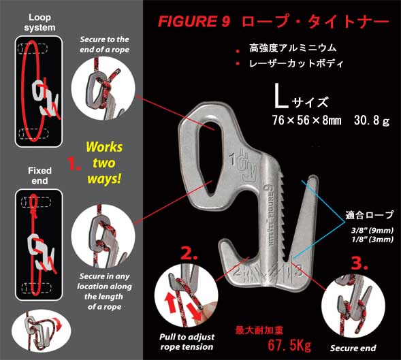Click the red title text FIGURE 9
coord(193,21)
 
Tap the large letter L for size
coord(280,100)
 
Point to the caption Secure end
coord(353,348)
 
